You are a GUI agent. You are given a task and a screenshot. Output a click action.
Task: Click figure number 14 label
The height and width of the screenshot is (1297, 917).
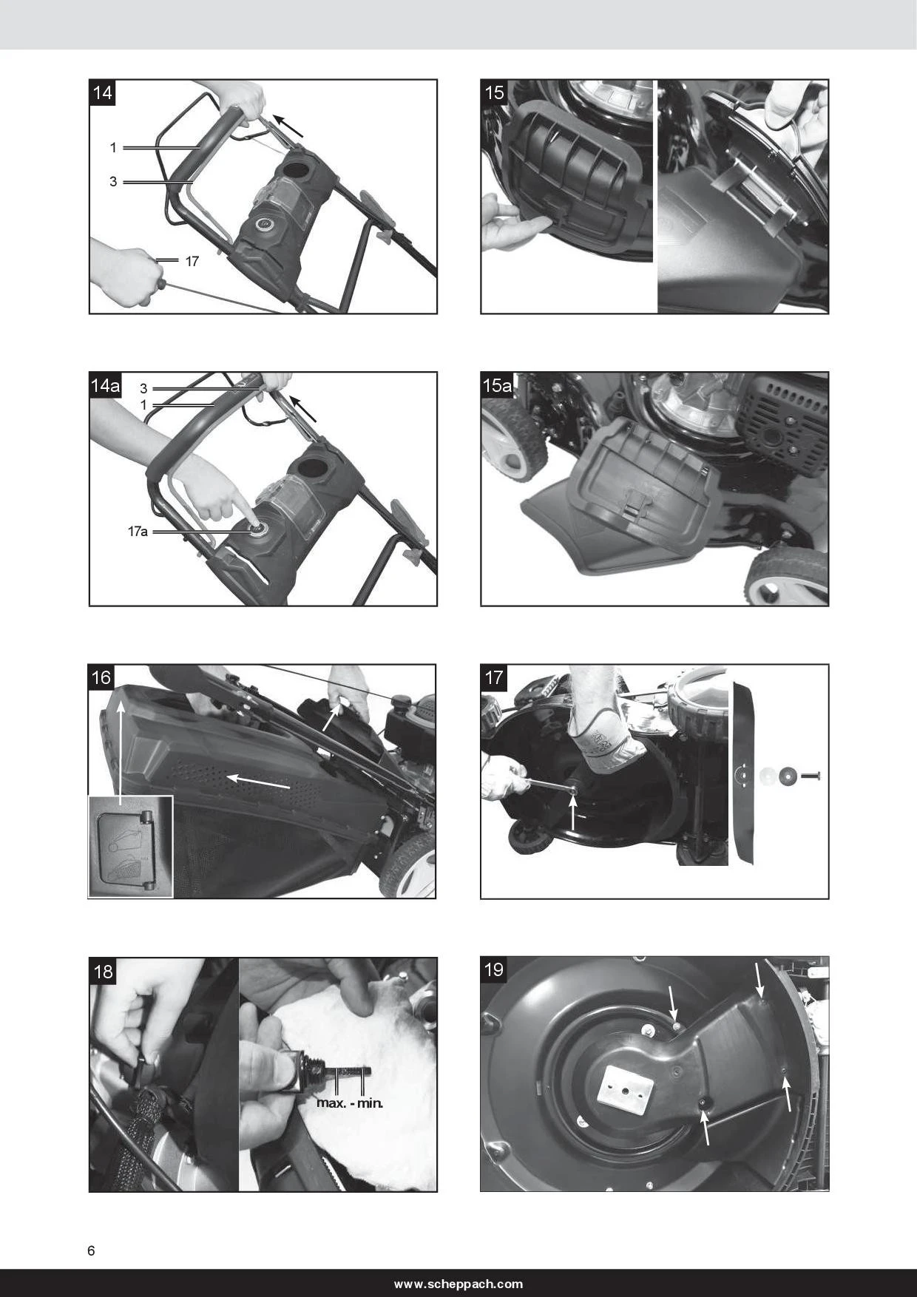click(x=103, y=92)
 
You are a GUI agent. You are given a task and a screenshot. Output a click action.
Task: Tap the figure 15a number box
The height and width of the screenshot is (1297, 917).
click(x=497, y=385)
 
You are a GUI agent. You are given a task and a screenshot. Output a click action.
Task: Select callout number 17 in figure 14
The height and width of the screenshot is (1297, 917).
click(x=192, y=261)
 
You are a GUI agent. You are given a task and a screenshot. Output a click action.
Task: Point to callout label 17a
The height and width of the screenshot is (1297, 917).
click(x=138, y=531)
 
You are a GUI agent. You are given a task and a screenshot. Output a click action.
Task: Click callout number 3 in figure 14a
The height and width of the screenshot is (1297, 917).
click(x=143, y=388)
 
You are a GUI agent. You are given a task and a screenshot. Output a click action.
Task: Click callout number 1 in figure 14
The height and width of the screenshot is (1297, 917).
click(x=113, y=148)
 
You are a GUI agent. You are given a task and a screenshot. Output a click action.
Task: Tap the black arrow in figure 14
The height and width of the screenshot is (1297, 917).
click(x=288, y=126)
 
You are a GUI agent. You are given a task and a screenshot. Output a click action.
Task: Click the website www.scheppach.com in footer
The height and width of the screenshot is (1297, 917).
click(x=458, y=1284)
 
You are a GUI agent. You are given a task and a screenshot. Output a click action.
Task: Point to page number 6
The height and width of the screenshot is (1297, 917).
click(x=91, y=1250)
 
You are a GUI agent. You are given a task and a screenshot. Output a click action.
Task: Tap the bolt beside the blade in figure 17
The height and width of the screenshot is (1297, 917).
click(x=810, y=776)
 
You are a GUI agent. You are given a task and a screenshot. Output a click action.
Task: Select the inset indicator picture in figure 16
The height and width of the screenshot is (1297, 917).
click(x=130, y=847)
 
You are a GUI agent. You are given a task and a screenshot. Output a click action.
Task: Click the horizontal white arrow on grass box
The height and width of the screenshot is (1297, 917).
click(x=257, y=782)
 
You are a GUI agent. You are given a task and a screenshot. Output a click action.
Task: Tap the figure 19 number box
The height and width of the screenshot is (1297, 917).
click(x=494, y=969)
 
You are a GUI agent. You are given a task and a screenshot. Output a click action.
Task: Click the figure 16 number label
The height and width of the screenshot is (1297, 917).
click(x=101, y=677)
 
